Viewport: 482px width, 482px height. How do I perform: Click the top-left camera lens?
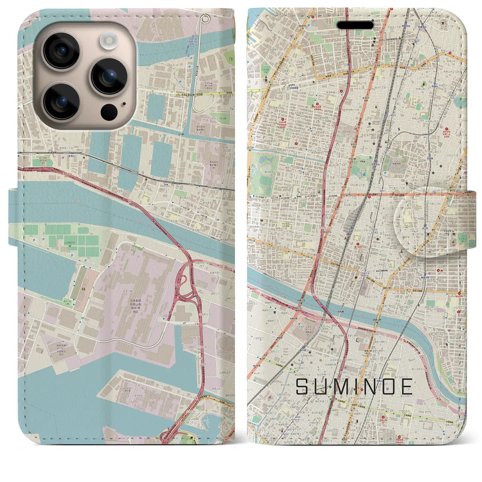pyautogui.click(x=62, y=50)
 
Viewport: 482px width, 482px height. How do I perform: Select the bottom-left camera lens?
pyautogui.click(x=62, y=101)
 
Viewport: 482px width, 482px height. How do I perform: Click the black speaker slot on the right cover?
pyautogui.click(x=355, y=25)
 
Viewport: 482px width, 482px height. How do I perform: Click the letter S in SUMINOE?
pyautogui.click(x=303, y=386)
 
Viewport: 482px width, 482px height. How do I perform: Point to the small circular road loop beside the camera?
pyautogui.click(x=205, y=18)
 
